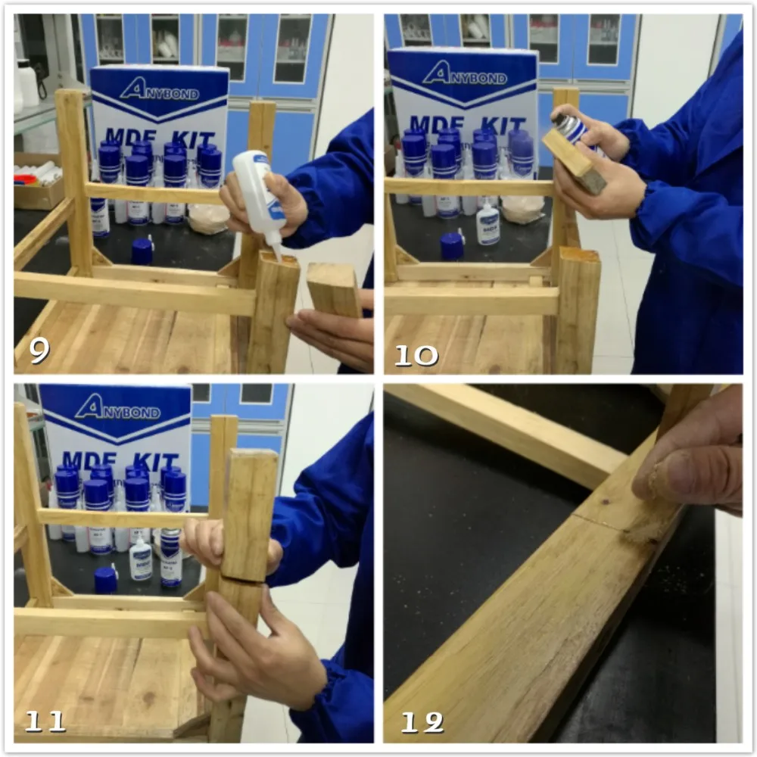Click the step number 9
39,350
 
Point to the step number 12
422,723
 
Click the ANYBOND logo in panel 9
159,90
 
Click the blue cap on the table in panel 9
142,251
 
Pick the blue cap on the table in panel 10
452,246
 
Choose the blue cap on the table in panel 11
105,580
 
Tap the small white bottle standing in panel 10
488,225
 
